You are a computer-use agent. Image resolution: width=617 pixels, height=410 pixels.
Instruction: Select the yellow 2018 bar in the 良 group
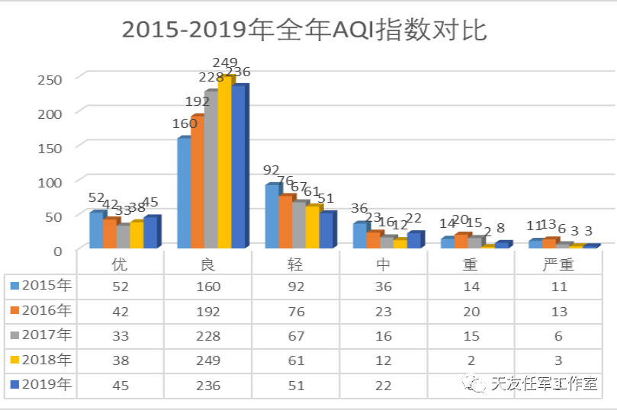click(225, 164)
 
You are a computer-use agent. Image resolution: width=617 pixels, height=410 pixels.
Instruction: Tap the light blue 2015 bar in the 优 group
click(96, 230)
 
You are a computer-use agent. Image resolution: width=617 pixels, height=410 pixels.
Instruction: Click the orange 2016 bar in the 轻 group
click(285, 222)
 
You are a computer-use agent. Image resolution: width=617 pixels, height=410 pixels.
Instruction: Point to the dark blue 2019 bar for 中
click(414, 240)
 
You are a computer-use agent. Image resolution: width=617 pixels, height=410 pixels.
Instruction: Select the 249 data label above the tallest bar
click(225, 62)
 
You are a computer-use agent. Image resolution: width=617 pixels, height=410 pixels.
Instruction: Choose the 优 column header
click(119, 265)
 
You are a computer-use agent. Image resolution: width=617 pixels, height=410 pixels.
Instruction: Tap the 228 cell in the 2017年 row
click(207, 335)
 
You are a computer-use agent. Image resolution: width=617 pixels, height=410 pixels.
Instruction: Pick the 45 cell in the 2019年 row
click(119, 385)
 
